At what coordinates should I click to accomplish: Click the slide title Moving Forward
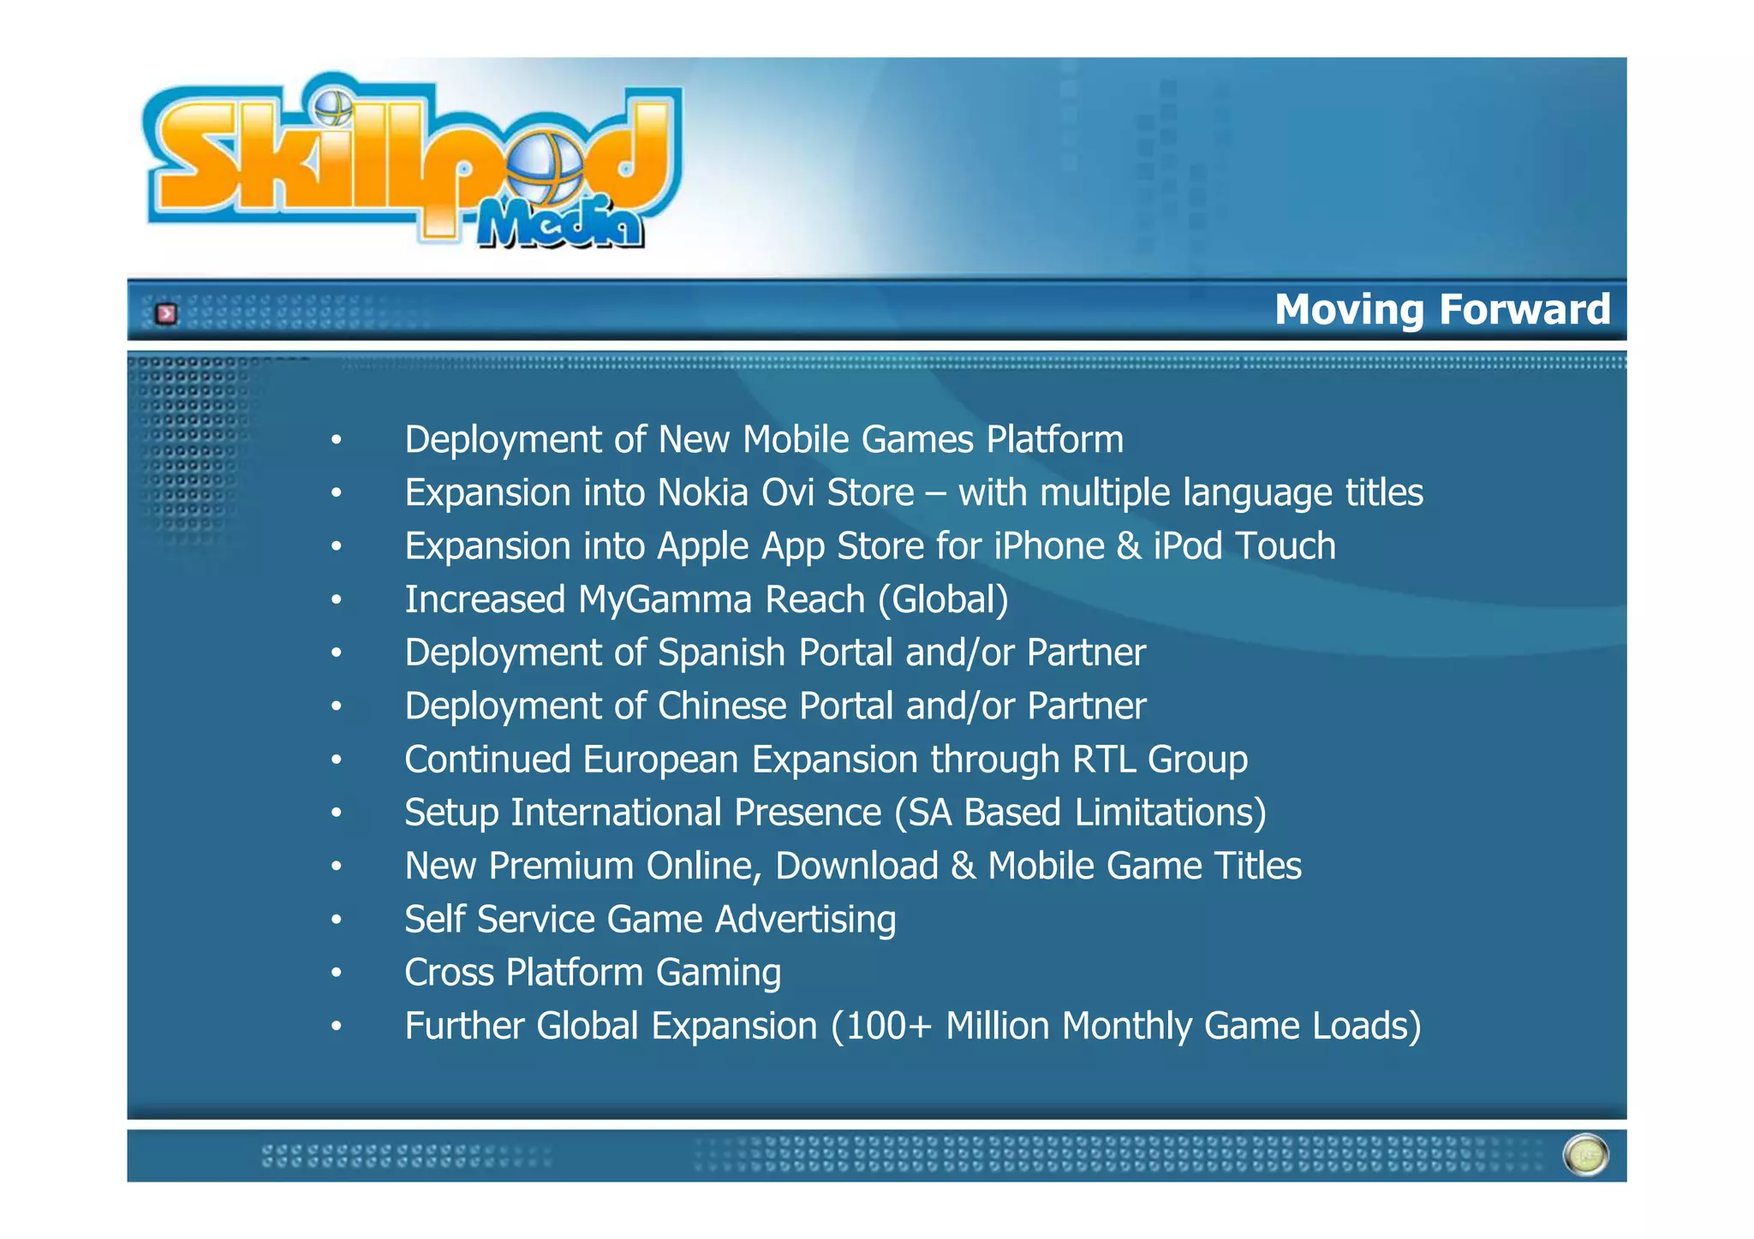coord(1441,309)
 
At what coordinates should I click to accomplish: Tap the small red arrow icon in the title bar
coord(166,314)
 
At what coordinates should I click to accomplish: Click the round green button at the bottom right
coord(1585,1155)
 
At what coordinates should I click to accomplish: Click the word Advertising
coord(805,920)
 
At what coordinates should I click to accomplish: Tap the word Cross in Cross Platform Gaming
coord(449,973)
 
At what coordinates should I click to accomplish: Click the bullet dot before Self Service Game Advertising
coord(337,920)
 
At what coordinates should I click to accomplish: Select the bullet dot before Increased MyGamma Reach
coord(337,600)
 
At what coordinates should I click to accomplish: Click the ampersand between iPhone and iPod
coord(1129,546)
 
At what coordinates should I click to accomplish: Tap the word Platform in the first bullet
coord(1054,440)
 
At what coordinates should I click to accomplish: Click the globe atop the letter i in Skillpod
coord(333,108)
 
